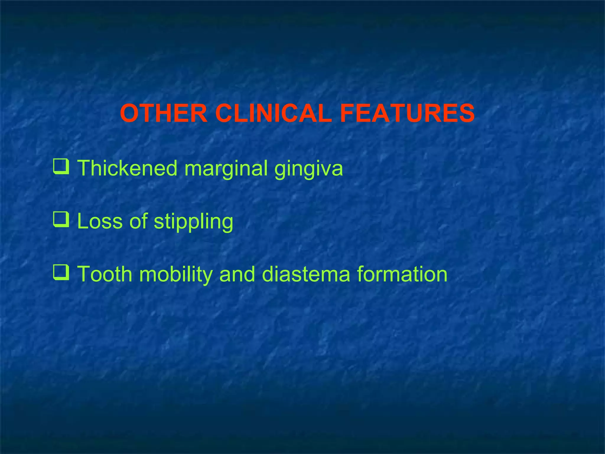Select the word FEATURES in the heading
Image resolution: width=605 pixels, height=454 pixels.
tap(407, 113)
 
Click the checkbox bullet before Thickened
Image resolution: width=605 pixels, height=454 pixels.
tap(61, 167)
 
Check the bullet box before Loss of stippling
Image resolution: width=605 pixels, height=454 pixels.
tap(61, 220)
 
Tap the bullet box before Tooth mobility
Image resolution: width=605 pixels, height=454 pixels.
tap(61, 273)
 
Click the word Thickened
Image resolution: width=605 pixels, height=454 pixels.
tap(127, 168)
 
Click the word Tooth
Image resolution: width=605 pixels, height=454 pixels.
tap(105, 274)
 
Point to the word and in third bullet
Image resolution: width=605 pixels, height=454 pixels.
tap(237, 274)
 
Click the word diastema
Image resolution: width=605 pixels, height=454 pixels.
tap(306, 274)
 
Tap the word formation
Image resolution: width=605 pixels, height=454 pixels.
tap(402, 274)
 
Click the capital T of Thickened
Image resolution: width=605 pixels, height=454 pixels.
tap(84, 168)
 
